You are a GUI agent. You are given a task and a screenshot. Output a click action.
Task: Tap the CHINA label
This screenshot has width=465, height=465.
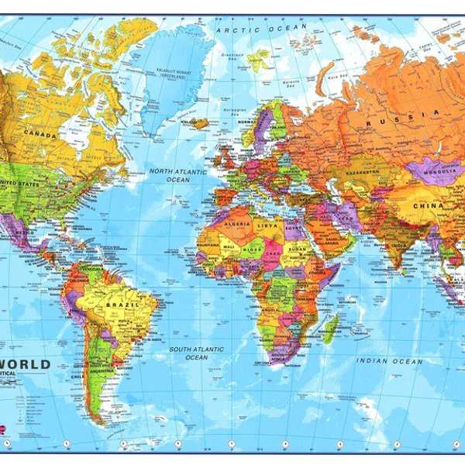click(x=429, y=206)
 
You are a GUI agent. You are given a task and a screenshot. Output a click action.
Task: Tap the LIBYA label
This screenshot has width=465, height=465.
click(x=267, y=225)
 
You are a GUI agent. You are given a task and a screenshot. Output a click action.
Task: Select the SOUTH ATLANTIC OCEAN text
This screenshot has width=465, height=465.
click(x=198, y=353)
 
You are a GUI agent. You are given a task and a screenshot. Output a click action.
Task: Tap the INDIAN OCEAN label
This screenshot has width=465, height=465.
click(x=389, y=361)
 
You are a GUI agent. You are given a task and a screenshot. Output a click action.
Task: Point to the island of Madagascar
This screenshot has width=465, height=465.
click(x=330, y=328)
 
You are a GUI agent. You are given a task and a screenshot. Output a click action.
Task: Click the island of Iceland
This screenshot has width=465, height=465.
click(x=200, y=122)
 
